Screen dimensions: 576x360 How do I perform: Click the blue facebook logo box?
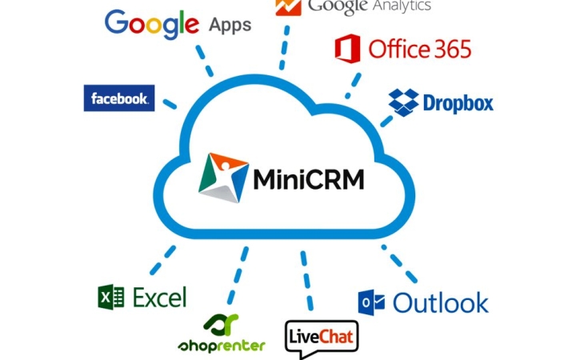click(119, 98)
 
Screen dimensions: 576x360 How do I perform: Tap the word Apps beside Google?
click(230, 26)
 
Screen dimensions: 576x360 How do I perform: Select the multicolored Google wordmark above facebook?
click(152, 24)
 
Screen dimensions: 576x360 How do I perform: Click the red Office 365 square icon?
click(347, 49)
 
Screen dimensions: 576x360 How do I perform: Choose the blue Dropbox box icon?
click(403, 102)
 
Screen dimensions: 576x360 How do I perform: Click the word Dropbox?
click(458, 103)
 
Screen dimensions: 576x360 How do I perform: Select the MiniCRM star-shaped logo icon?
click(223, 178)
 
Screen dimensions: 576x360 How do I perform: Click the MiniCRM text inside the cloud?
click(309, 179)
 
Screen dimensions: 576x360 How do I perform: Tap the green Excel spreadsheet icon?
click(111, 297)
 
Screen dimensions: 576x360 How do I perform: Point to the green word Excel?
click(159, 297)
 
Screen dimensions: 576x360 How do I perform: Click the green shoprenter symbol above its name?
click(221, 325)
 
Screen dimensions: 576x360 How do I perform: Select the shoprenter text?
click(222, 346)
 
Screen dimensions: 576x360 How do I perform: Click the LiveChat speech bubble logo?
click(322, 338)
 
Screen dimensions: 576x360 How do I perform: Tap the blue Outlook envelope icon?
click(371, 302)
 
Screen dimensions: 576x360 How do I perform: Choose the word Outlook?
click(441, 303)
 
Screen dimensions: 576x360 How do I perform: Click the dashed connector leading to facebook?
click(170, 103)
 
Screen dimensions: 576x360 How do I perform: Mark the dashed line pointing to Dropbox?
click(386, 122)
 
